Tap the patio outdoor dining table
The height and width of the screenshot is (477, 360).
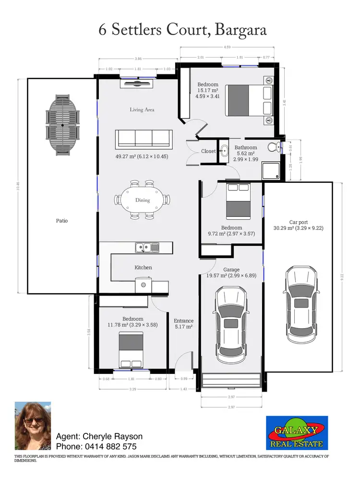tap(63, 125)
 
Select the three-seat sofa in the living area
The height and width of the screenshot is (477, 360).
tap(144, 138)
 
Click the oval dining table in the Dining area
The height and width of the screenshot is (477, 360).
tap(143, 200)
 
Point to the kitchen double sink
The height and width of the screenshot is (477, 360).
tap(147, 248)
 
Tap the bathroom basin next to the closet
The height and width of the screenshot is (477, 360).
tap(224, 151)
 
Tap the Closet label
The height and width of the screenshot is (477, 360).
tap(208, 151)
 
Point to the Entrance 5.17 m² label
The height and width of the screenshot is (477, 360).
tap(183, 324)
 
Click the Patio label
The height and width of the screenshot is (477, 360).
tap(61, 221)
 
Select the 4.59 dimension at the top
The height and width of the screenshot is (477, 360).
tap(228, 47)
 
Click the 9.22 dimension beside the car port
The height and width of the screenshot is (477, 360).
tap(342, 277)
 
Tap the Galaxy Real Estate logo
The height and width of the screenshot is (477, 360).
tap(297, 433)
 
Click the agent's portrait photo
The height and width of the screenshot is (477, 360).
tap(33, 426)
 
